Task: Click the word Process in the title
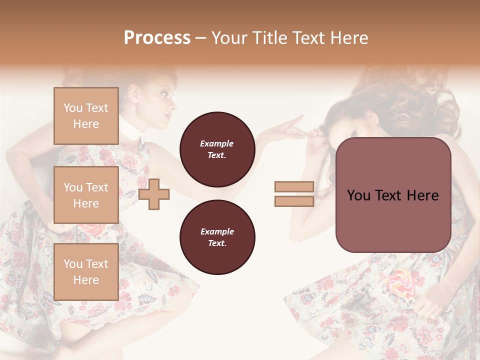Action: click(157, 37)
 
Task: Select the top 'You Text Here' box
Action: click(86, 116)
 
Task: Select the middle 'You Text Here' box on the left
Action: click(86, 195)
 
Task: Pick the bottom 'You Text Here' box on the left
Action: click(86, 271)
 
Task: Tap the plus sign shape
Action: click(154, 194)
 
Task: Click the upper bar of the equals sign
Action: click(294, 187)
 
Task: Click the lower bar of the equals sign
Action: click(294, 201)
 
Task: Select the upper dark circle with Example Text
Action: click(217, 149)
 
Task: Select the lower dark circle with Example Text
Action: click(217, 237)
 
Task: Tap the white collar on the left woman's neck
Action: click(132, 132)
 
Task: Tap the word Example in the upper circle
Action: click(217, 143)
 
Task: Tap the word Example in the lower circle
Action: click(217, 231)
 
